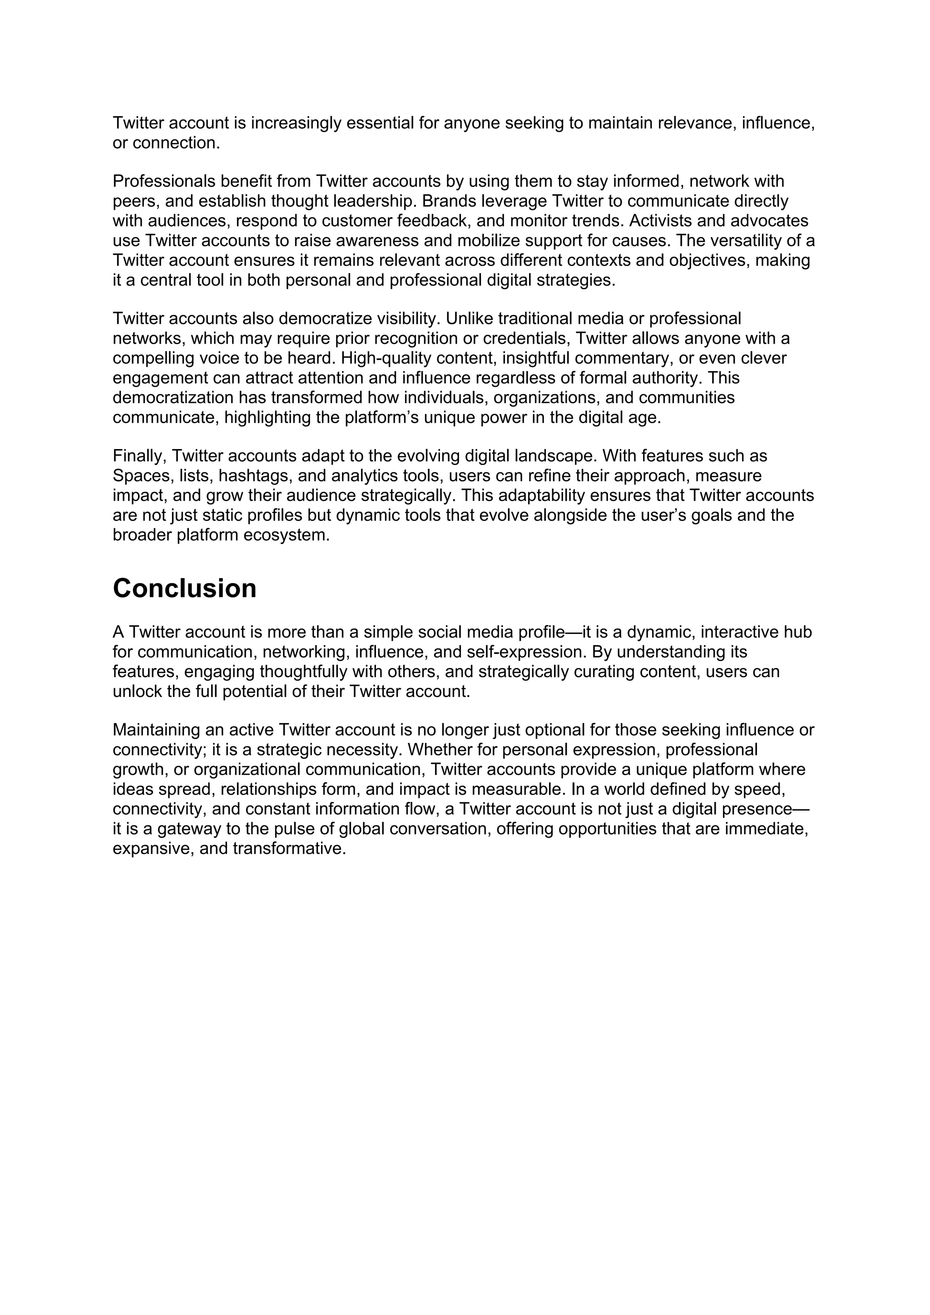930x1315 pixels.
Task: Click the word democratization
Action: coord(173,398)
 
